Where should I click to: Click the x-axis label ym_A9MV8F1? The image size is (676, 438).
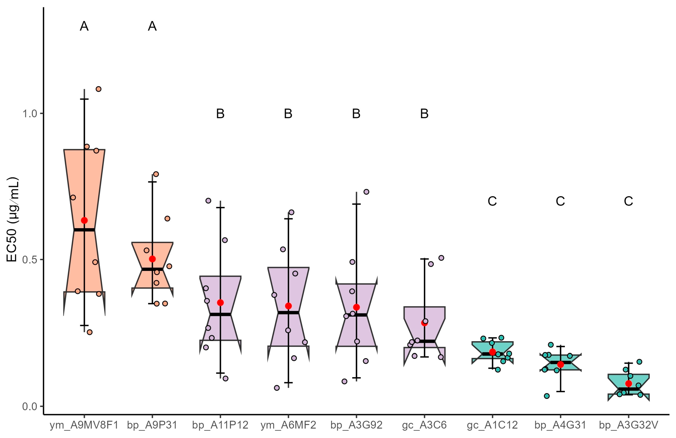pos(84,425)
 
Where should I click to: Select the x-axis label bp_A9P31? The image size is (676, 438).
pos(152,425)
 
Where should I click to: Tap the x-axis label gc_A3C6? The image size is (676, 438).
pos(424,425)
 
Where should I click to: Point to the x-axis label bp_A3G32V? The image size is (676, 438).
pos(628,425)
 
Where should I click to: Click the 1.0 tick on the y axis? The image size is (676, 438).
pos(30,114)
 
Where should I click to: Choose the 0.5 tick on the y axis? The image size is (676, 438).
pos(30,260)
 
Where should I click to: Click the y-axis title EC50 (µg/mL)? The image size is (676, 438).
pos(12,220)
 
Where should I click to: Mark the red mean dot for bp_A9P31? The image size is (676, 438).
pos(152,259)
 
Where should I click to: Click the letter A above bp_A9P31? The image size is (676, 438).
pos(152,26)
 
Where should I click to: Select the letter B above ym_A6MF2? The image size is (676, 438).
pos(288,114)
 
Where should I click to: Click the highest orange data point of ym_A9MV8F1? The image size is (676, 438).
pos(98,89)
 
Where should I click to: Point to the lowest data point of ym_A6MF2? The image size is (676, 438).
pos(277,388)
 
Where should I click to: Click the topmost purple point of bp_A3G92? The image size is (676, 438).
pos(366,192)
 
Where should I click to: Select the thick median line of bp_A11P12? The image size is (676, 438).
pos(220,314)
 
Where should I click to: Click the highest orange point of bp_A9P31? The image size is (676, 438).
pos(156,174)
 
